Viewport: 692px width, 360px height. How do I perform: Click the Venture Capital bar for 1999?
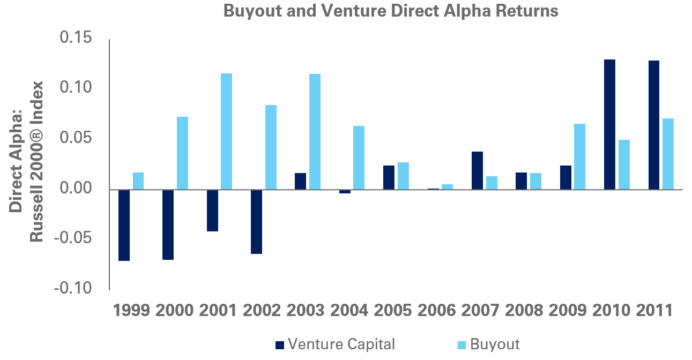click(124, 225)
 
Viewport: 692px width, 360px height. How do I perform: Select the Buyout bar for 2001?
click(226, 131)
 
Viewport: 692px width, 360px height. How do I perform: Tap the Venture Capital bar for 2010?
click(609, 124)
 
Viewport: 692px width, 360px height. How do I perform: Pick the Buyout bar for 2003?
click(315, 132)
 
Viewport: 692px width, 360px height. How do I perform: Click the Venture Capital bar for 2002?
click(256, 221)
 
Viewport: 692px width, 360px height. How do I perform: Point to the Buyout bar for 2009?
click(579, 156)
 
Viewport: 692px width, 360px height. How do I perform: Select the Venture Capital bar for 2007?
click(477, 170)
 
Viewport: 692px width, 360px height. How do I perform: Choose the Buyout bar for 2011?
click(667, 154)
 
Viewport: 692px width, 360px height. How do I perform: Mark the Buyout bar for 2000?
click(182, 153)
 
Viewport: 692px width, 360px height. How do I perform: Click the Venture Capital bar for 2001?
click(212, 210)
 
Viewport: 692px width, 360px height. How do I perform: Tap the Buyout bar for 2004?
click(359, 157)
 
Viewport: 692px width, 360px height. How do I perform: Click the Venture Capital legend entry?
click(335, 344)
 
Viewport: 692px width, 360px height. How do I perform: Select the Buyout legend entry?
click(488, 344)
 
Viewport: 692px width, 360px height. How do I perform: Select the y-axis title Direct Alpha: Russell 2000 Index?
click(27, 161)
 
